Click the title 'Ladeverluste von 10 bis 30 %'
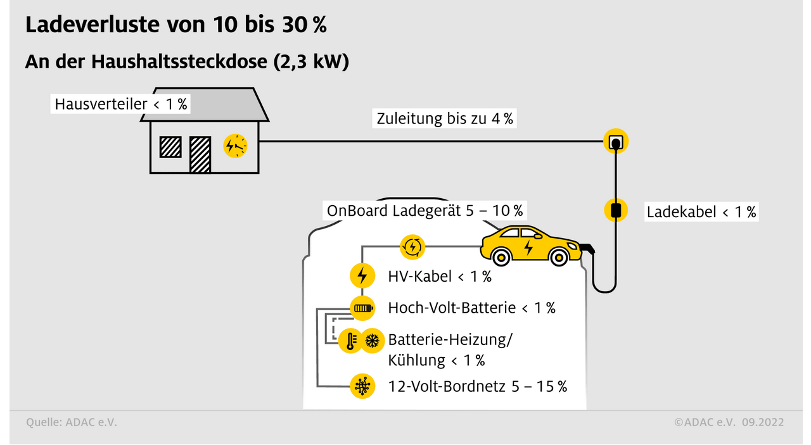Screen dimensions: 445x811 [x=176, y=25]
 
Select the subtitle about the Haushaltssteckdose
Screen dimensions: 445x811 [x=187, y=62]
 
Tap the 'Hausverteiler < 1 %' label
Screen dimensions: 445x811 [x=121, y=104]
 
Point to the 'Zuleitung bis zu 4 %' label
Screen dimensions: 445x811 [x=445, y=118]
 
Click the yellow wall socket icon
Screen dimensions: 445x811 [x=615, y=142]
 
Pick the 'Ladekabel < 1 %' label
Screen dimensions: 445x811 [x=701, y=212]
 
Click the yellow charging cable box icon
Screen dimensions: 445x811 [x=615, y=210]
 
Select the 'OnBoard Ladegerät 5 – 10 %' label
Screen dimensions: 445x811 [x=425, y=210]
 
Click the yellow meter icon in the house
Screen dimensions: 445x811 [x=235, y=146]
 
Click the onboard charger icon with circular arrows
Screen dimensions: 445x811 [x=412, y=247]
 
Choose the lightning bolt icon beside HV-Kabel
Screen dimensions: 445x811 [x=362, y=276]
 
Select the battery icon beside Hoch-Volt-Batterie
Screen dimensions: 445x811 [x=362, y=308]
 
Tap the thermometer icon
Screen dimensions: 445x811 [x=349, y=341]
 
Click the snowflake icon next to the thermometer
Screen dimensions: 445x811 [x=372, y=341]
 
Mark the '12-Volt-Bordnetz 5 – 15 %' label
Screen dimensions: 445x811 [x=477, y=386]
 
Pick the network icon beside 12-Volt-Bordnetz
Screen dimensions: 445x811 [x=362, y=386]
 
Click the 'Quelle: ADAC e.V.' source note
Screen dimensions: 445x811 [x=72, y=422]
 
